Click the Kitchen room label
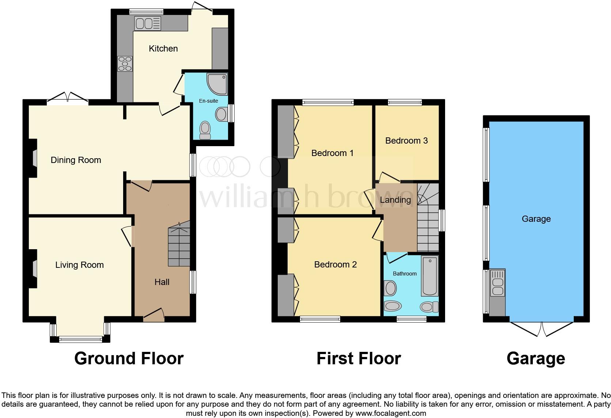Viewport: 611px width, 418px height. click(163, 49)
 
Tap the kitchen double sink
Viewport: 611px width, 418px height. click(148, 24)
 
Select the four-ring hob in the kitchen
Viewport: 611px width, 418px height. click(125, 64)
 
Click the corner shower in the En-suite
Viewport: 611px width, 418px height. click(217, 83)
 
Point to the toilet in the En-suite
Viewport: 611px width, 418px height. click(205, 130)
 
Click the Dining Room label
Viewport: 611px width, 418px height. click(76, 160)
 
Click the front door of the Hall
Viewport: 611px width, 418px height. click(153, 315)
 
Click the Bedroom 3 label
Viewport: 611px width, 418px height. click(406, 141)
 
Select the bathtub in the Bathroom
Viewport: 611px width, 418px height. click(430, 276)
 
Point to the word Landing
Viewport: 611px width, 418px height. click(395, 200)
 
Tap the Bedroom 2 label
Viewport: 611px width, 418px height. click(335, 265)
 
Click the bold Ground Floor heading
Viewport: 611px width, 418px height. click(129, 358)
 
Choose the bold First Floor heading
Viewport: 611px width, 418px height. click(358, 358)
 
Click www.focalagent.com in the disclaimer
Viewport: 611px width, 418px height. click(391, 414)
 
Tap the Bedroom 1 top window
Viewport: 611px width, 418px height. click(328, 103)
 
